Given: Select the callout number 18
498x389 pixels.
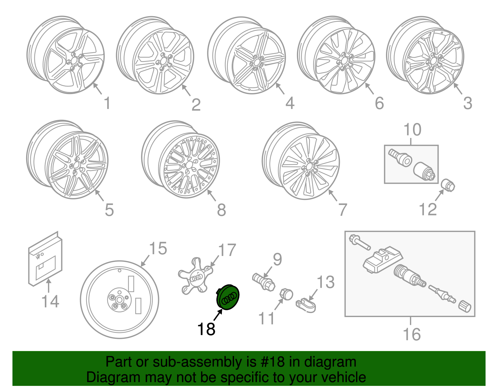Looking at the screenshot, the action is (206, 329).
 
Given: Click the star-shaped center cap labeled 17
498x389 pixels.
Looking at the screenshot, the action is (195, 276).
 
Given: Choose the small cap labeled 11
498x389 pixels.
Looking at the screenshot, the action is (286, 294).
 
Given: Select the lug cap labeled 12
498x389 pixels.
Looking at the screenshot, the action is (448, 185).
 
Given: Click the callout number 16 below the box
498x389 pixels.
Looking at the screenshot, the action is (411, 334).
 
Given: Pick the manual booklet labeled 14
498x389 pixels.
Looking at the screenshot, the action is (45, 259).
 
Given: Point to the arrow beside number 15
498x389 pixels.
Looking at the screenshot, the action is (145, 261).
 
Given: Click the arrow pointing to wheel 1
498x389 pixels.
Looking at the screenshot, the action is (97, 89).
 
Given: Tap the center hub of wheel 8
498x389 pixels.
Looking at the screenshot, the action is (189, 165).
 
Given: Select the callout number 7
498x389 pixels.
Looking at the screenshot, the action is (342, 210).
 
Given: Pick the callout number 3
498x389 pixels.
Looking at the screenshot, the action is (467, 103).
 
